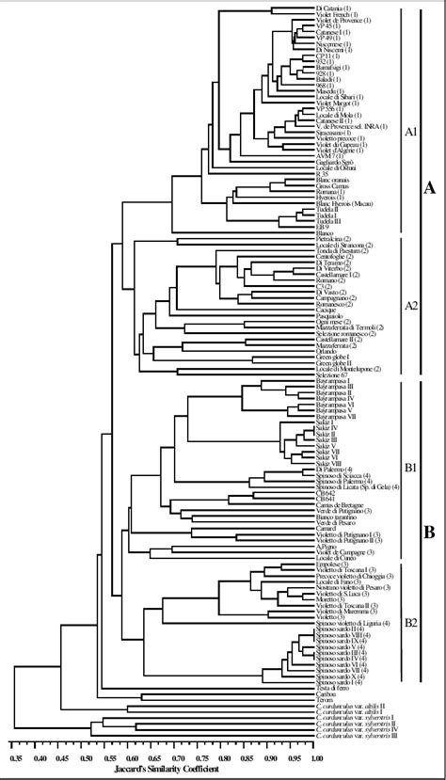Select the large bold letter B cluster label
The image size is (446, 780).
(429, 532)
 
